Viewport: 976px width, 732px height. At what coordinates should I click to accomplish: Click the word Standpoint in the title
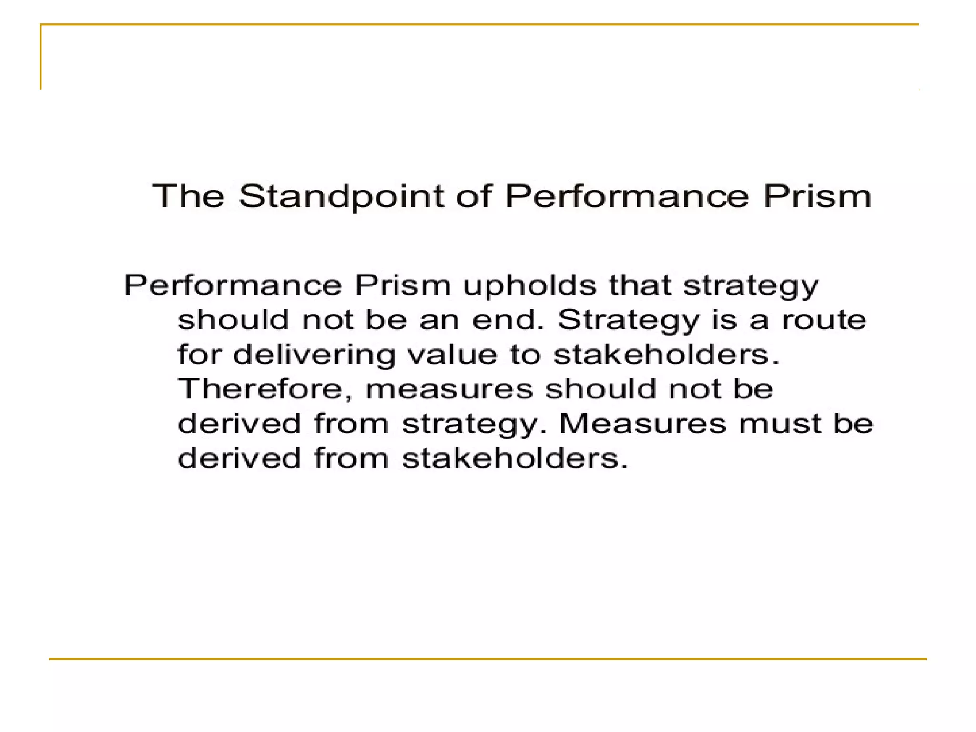point(342,196)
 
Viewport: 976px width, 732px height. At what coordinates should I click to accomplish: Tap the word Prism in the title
point(817,196)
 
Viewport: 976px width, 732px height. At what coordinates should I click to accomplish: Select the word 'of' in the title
point(473,196)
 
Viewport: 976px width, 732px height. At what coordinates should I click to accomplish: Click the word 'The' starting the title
point(188,196)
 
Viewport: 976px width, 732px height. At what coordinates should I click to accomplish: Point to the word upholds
point(529,285)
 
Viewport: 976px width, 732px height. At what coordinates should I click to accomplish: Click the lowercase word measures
point(449,389)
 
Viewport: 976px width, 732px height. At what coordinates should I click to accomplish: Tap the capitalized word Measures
point(642,423)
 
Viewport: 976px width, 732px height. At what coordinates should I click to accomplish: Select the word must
point(780,424)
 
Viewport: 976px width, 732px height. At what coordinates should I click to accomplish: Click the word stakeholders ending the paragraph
point(515,458)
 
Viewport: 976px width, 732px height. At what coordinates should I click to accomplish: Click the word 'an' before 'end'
point(438,320)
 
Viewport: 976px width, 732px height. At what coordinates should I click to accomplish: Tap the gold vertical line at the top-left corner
point(41,57)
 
